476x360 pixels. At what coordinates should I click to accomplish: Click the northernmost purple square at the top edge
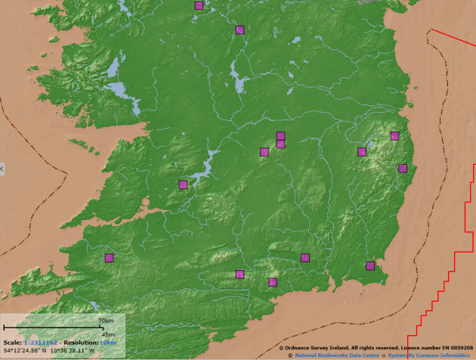tap(199, 5)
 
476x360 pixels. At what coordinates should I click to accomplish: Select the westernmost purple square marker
tap(109, 258)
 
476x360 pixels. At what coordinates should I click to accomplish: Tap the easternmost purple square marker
tap(403, 168)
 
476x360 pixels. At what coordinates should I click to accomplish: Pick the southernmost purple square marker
tap(273, 282)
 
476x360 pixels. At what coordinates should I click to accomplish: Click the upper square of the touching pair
tap(280, 136)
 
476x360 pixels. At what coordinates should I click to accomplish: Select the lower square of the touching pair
tap(280, 144)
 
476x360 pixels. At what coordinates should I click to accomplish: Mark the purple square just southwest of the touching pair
tap(264, 152)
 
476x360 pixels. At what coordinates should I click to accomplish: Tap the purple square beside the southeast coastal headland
tap(370, 265)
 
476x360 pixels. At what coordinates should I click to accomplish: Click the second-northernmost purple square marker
tap(240, 29)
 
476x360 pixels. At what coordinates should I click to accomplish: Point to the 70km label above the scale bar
tap(105, 321)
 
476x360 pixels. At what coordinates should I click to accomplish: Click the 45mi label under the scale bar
tap(108, 334)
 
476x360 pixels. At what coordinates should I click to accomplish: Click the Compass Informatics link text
tap(442, 355)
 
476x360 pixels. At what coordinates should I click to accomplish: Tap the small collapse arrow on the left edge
tap(2, 168)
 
